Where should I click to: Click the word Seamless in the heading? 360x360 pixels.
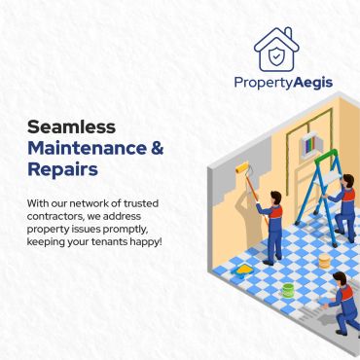click(x=71, y=126)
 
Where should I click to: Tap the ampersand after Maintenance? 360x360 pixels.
click(x=158, y=148)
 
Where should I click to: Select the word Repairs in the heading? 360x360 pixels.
click(x=62, y=169)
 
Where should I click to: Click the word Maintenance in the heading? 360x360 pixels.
click(x=87, y=148)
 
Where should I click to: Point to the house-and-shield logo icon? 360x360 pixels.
click(x=276, y=50)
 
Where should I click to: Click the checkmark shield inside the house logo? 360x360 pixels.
click(x=276, y=55)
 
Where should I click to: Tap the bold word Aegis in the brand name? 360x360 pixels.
click(x=313, y=83)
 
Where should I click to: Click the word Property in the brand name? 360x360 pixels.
click(x=264, y=84)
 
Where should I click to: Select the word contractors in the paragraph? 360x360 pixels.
click(x=55, y=216)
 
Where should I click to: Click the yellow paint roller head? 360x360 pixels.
click(x=242, y=168)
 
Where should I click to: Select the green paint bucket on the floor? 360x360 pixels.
click(x=288, y=290)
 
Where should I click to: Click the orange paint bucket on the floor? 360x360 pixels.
click(x=324, y=261)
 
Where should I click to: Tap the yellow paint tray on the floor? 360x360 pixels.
click(x=244, y=270)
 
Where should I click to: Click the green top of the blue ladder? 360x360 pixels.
click(x=326, y=155)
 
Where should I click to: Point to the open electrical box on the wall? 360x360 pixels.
click(x=308, y=144)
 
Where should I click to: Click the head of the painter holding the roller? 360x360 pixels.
click(x=275, y=198)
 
